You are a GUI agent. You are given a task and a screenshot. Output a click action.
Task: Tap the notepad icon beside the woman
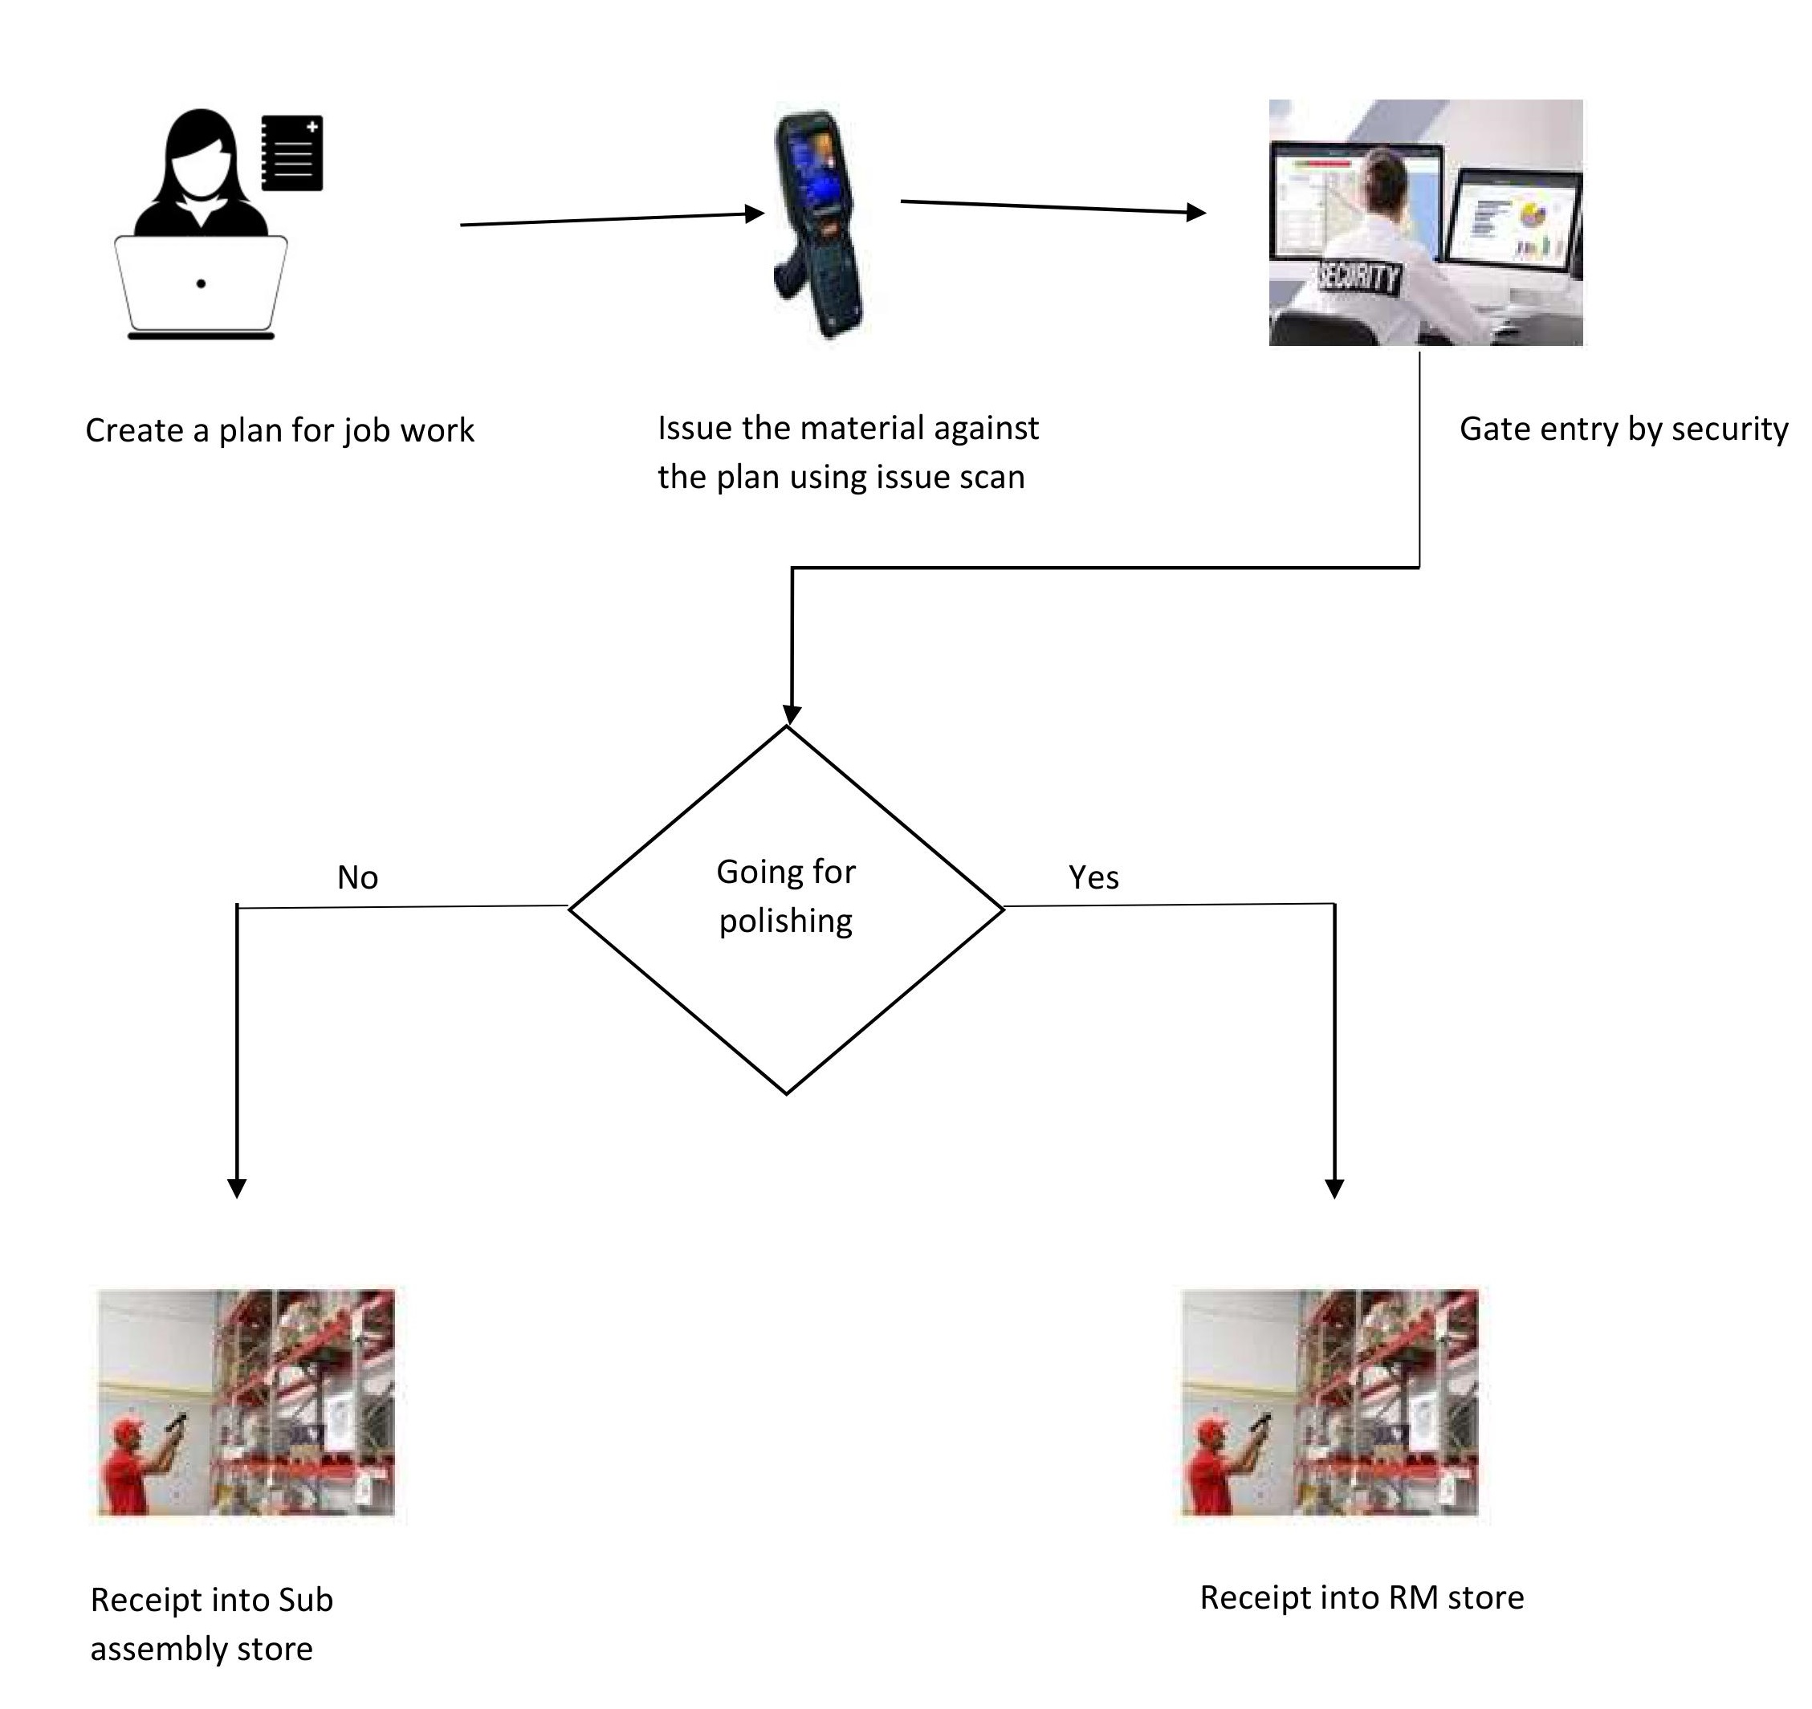tap(291, 153)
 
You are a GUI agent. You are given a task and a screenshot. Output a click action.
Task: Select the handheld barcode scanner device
tap(817, 223)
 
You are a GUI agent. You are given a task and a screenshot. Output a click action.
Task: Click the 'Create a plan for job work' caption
tap(280, 431)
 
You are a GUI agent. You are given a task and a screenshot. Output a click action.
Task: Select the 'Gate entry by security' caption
tap(1623, 429)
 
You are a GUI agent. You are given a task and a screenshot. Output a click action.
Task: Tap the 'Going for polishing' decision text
tap(786, 896)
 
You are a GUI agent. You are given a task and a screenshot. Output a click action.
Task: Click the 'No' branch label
tap(357, 877)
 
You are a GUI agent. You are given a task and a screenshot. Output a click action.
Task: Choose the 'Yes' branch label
tap(1093, 877)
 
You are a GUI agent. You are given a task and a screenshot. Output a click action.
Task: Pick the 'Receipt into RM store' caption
tap(1362, 1597)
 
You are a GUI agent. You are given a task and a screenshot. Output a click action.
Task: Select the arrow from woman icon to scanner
tap(613, 219)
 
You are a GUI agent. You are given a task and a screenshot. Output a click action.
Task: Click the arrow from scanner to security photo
tap(1053, 207)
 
